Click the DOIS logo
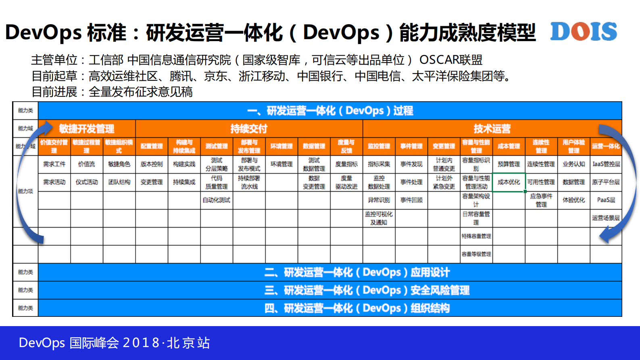point(583,31)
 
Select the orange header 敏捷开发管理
point(87,129)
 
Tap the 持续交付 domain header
point(249,129)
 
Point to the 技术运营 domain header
point(492,129)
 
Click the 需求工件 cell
point(54,164)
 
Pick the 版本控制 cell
point(152,164)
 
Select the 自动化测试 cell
point(217,200)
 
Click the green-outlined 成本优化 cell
point(509,182)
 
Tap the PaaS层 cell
point(606,200)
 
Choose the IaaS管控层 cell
point(606,164)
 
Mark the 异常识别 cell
point(379,200)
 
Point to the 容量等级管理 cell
point(476,254)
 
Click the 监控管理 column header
point(379,146)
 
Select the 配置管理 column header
point(152,146)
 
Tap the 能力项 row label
point(25,191)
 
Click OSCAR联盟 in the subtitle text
point(451,60)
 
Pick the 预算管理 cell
point(509,164)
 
